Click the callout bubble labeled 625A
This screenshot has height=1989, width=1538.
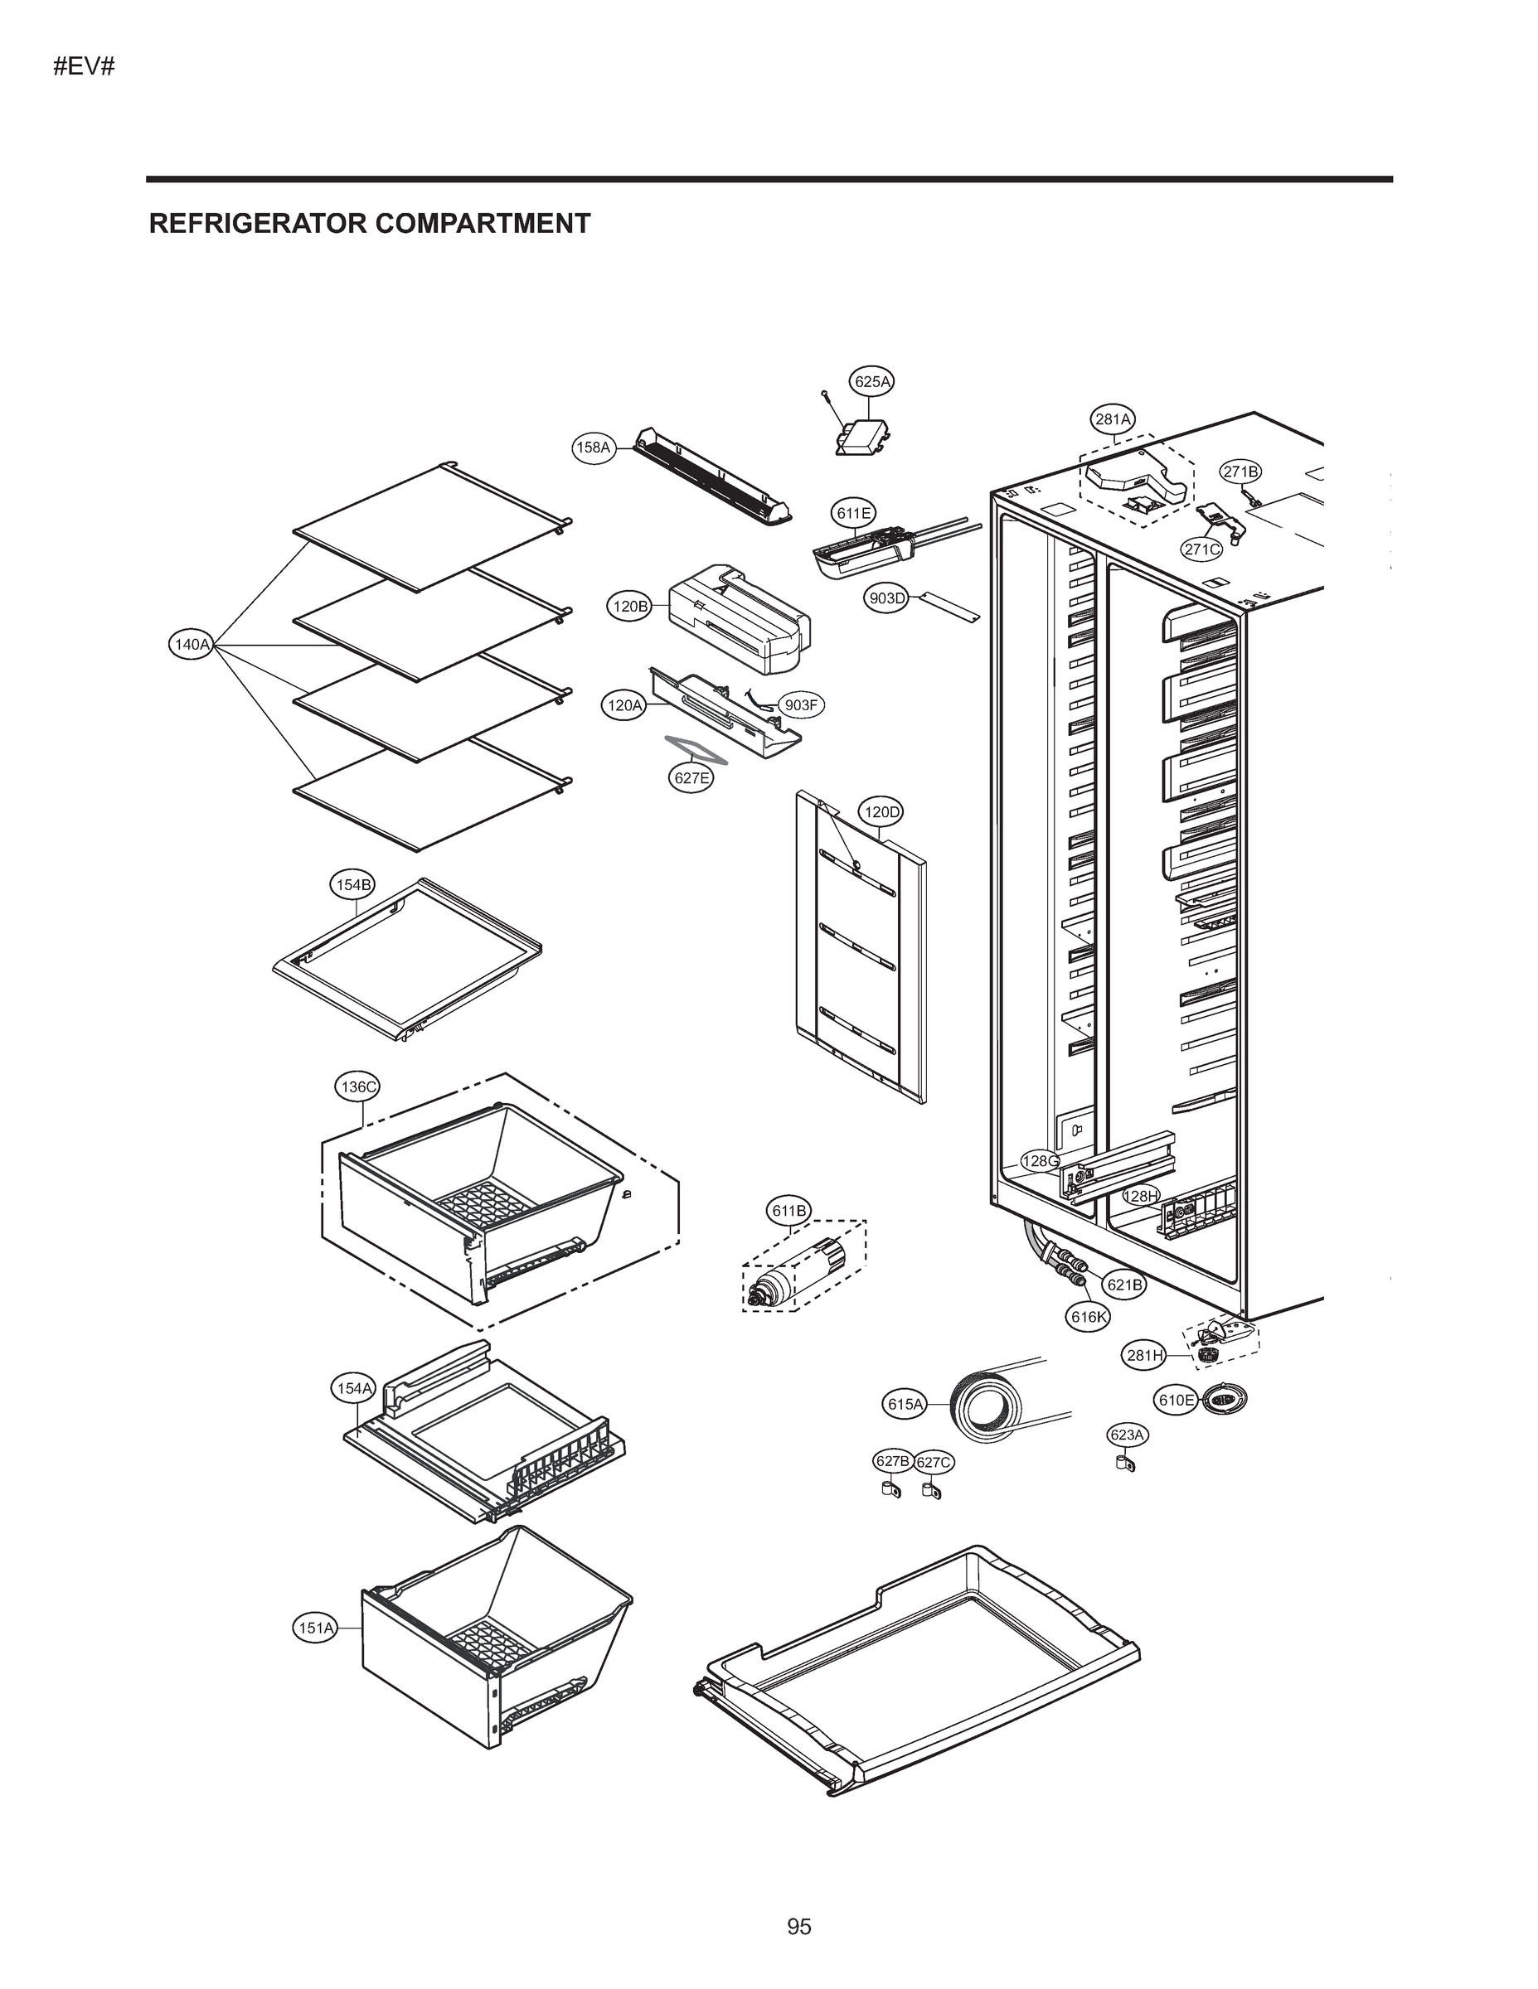point(872,381)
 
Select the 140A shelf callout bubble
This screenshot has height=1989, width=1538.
point(192,645)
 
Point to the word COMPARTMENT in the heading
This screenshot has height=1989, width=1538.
point(482,223)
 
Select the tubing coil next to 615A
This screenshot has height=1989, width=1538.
point(982,1406)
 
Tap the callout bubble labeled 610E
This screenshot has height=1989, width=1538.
point(1176,1400)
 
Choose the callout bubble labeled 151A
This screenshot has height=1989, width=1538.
point(316,1628)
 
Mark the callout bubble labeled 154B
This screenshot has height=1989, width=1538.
point(352,884)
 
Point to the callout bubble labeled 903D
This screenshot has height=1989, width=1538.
point(886,598)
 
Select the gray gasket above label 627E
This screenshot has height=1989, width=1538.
point(697,748)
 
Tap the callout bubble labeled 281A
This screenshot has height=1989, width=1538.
point(1113,420)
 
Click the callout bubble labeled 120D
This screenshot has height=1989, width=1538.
point(881,811)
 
